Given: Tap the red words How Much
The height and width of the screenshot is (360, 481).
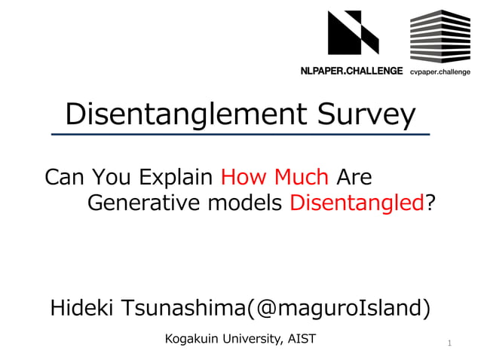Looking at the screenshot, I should point(274,177).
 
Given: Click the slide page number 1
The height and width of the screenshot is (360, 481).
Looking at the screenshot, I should point(449,344).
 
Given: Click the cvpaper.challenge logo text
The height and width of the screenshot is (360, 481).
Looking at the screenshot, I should point(440,72).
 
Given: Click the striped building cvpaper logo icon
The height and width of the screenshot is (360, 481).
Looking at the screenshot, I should point(440,36).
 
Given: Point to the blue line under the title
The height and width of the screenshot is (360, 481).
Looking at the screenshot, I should point(240,134).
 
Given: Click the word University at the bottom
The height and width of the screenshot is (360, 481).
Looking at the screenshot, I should point(250,339).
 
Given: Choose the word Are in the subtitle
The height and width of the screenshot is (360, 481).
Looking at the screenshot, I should point(354,177).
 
